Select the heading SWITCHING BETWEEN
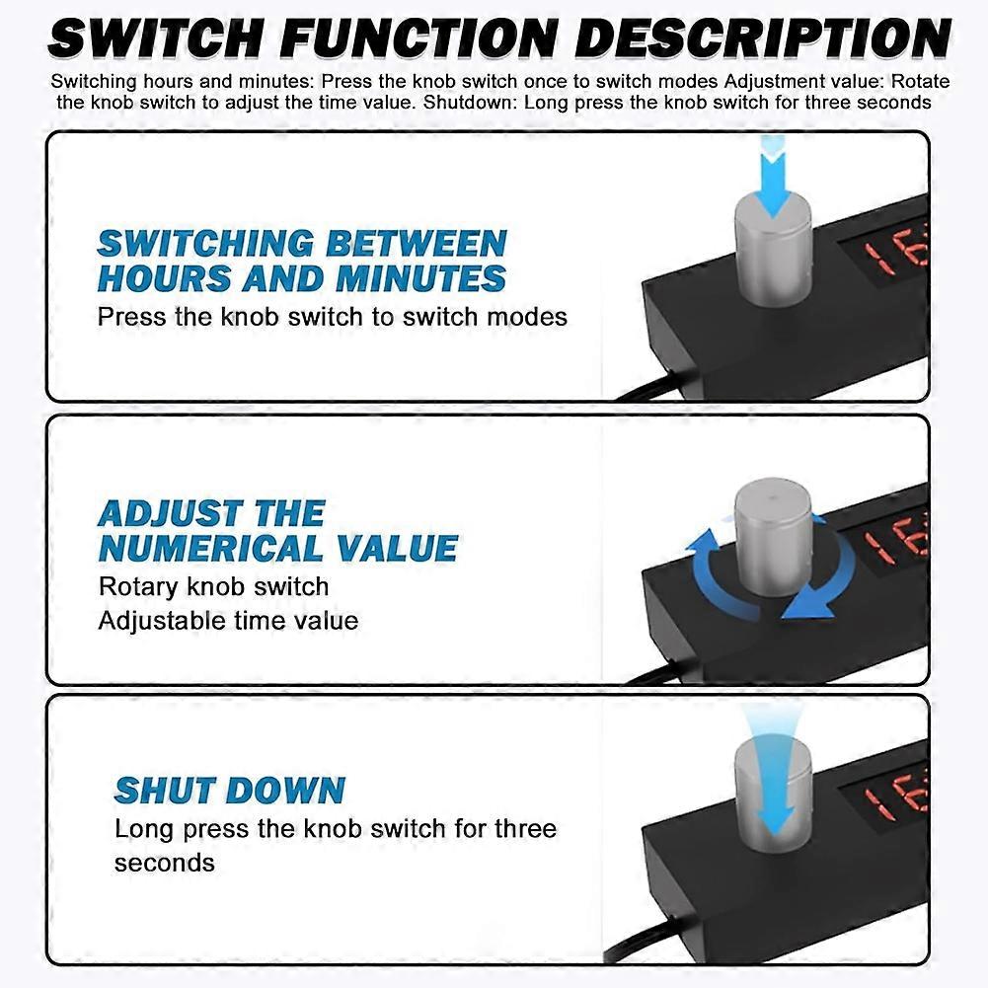(x=302, y=243)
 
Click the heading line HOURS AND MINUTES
(x=301, y=278)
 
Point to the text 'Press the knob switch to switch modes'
(x=332, y=316)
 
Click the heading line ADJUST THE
(x=211, y=513)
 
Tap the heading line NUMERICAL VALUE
(x=278, y=548)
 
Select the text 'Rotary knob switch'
(x=213, y=586)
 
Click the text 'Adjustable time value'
(x=228, y=621)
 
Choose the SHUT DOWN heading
(x=230, y=791)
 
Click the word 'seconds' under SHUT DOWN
(x=165, y=863)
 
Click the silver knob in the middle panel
(x=773, y=537)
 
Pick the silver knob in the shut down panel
(x=773, y=794)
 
